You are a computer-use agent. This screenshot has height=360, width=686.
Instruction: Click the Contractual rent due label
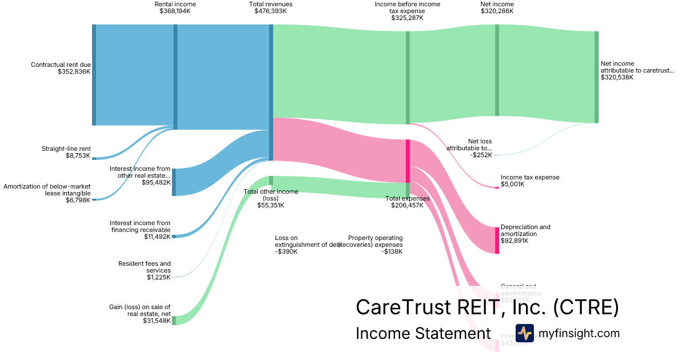pyautogui.click(x=61, y=65)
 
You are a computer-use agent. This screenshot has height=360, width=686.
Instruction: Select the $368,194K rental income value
pyautogui.click(x=175, y=11)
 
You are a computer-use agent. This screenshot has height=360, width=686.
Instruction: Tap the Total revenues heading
pyautogui.click(x=270, y=4)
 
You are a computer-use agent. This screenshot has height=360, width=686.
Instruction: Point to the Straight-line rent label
pyautogui.click(x=66, y=149)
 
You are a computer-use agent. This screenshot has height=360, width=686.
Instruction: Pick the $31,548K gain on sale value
pyautogui.click(x=157, y=321)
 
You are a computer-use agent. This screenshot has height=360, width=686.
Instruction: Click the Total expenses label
pyautogui.click(x=407, y=198)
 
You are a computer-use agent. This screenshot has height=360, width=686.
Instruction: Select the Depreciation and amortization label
pyautogui.click(x=525, y=230)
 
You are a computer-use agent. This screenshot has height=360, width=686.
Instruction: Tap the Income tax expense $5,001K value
pyautogui.click(x=512, y=184)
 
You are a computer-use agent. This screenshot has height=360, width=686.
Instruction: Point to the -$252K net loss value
pyautogui.click(x=481, y=155)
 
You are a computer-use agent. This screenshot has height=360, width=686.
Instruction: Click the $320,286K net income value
pyautogui.click(x=497, y=11)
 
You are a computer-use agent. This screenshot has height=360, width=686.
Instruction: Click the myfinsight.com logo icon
pyautogui.click(x=524, y=333)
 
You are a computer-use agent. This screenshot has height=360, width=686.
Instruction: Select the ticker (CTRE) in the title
pyautogui.click(x=586, y=307)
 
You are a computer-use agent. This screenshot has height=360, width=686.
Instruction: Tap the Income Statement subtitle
pyautogui.click(x=423, y=333)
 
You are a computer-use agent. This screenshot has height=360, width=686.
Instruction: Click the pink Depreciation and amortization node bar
pyautogui.click(x=497, y=240)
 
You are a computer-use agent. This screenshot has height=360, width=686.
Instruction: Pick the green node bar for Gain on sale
pyautogui.click(x=174, y=321)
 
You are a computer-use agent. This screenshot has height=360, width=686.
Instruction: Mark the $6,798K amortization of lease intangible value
pyautogui.click(x=78, y=200)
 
